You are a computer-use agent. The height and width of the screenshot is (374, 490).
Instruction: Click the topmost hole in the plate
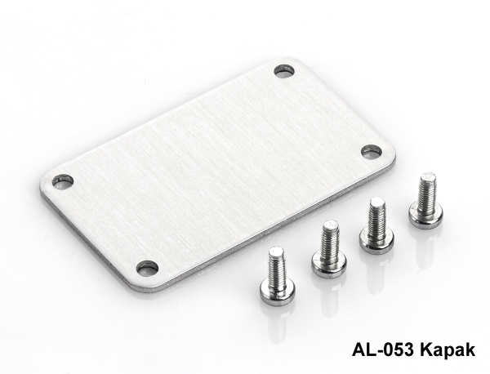[285, 71]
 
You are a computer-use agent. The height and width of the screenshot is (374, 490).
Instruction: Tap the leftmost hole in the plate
[63, 182]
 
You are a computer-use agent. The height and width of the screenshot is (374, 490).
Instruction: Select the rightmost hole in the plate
[372, 152]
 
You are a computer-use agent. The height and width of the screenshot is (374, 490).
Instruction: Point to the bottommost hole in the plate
[148, 269]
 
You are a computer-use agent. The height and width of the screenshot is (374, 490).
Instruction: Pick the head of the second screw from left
[329, 265]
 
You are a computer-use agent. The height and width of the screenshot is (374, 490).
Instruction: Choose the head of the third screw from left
[377, 239]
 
